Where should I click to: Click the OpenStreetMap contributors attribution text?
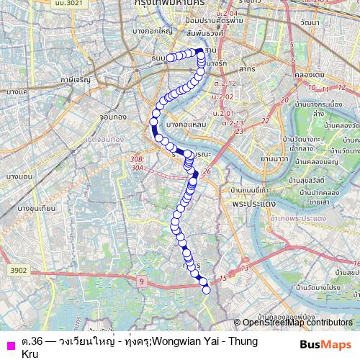[296, 323]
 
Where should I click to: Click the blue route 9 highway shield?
[142, 280]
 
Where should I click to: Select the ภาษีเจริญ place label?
[76, 81]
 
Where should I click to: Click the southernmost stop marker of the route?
[207, 289]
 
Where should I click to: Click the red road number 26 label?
[207, 171]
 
